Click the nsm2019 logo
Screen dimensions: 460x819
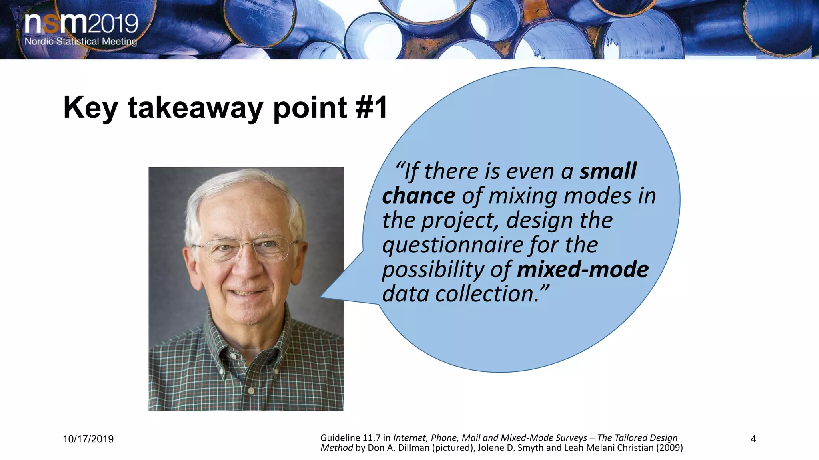[x=81, y=24]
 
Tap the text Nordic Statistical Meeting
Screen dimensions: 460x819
[x=81, y=41]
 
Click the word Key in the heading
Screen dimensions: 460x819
[x=90, y=108]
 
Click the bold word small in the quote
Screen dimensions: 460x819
[x=608, y=171]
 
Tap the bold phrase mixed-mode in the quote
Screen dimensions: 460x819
[x=583, y=270]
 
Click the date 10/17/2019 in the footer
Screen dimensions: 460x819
[x=88, y=439]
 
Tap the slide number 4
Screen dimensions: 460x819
[x=753, y=439]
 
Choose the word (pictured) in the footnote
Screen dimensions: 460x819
[x=453, y=448]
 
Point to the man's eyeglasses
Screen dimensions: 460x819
[x=246, y=248]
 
